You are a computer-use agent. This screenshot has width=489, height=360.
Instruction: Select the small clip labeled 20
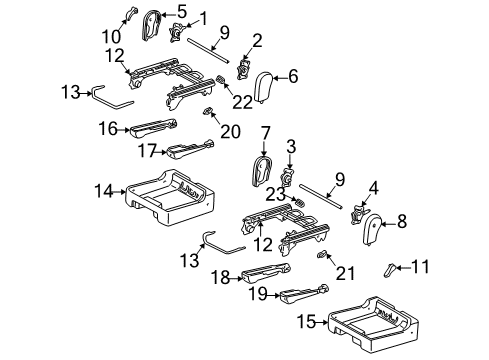[209, 111]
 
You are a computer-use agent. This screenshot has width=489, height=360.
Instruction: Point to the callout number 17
[146, 152]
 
